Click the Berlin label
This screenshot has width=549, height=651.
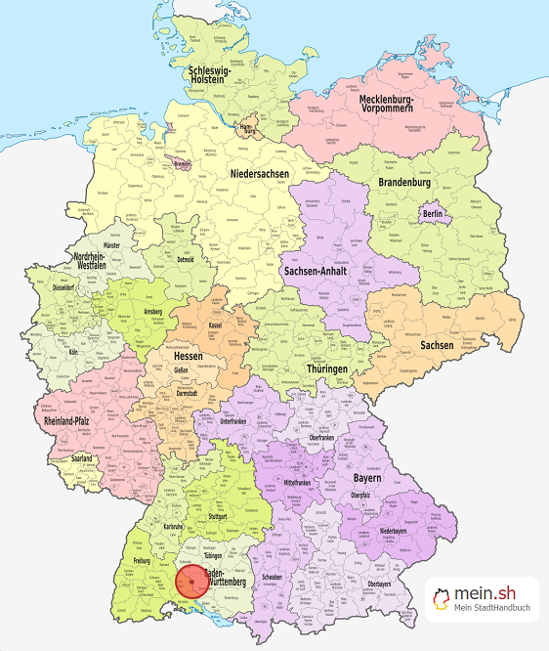(432, 212)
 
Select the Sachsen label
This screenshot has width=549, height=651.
(437, 345)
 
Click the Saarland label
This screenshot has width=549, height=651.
(74, 457)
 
